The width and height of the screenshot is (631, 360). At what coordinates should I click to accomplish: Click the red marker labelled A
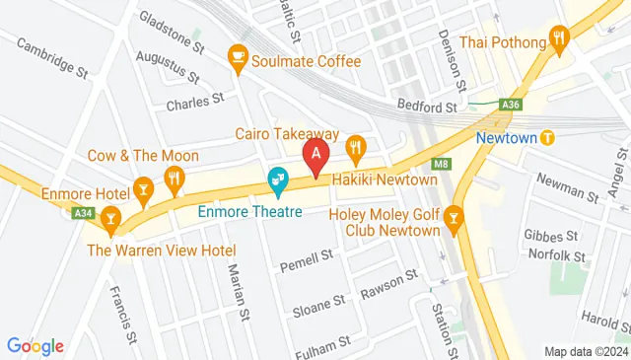315,156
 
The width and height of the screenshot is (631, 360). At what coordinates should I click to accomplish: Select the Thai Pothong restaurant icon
559,40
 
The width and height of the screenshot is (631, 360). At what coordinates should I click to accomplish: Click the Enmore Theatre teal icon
278,180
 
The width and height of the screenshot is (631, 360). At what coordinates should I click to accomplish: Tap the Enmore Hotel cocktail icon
144,186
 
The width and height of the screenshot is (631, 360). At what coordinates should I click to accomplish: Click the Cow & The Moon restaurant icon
175,178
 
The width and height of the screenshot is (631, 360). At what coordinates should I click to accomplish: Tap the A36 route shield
511,104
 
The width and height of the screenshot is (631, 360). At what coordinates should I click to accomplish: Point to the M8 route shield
440,163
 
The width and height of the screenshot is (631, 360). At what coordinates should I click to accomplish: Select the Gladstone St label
172,35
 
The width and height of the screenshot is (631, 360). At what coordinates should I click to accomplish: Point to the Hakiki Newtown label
385,180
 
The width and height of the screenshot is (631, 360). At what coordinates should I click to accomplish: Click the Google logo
35,346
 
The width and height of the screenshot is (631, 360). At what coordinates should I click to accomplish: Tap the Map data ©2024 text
586,351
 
